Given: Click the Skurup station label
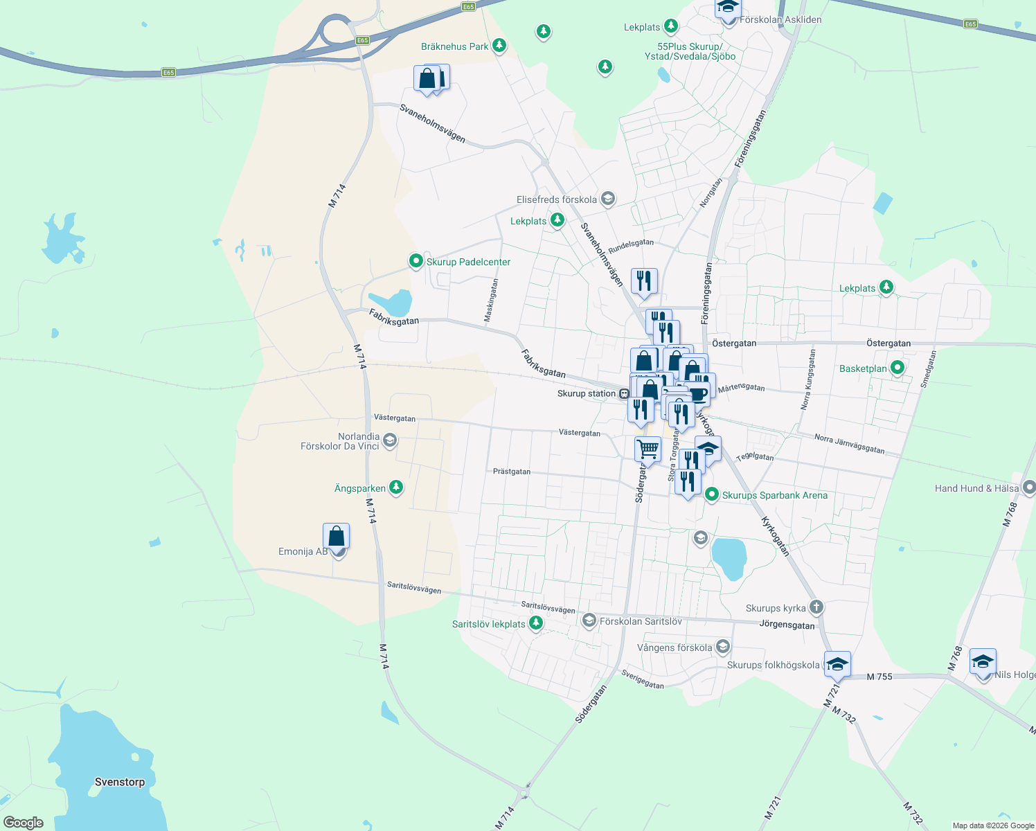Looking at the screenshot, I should [x=586, y=394].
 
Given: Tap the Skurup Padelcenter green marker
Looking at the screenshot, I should [x=416, y=261].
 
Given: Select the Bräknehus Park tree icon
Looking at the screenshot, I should [x=499, y=46].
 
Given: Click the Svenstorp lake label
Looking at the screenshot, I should [x=120, y=782].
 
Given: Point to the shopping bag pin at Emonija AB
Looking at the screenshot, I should [x=336, y=537].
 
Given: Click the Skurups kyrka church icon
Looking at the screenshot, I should [x=816, y=607].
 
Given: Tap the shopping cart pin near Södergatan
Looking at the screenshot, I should [x=647, y=449].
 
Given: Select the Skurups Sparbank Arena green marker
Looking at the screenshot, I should [x=711, y=494].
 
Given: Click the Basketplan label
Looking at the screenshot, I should [x=863, y=368].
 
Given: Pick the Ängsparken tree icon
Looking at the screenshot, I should [x=396, y=487].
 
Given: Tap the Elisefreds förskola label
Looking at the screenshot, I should [x=557, y=199].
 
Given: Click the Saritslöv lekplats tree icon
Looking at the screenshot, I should [x=535, y=623].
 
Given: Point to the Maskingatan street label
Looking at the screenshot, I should [x=490, y=301].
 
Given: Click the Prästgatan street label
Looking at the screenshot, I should [x=512, y=472].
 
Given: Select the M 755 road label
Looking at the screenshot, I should [x=879, y=677].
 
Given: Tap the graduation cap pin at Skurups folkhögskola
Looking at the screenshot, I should [x=837, y=664].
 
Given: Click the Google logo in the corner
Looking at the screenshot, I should [x=23, y=823].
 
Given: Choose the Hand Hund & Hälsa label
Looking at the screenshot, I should [x=976, y=488].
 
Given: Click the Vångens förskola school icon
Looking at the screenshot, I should [x=723, y=647].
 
